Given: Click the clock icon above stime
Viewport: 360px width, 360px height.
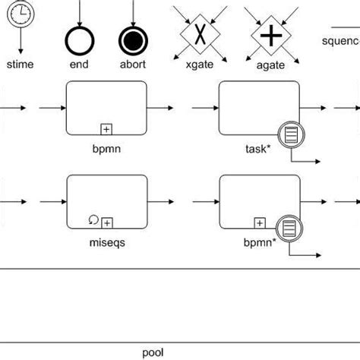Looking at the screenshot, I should click(x=20, y=13).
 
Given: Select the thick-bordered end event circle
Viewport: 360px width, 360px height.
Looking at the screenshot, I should click(x=79, y=38).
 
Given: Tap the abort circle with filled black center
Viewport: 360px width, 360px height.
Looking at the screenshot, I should click(x=133, y=38).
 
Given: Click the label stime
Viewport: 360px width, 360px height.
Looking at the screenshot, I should click(x=20, y=65).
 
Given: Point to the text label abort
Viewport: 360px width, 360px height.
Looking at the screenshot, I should click(x=133, y=65).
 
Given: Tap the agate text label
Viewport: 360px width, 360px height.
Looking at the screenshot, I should click(x=270, y=65).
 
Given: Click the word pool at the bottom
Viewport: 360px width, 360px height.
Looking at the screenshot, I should click(x=153, y=352).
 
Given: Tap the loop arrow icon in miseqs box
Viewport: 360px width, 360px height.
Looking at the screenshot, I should click(x=93, y=220).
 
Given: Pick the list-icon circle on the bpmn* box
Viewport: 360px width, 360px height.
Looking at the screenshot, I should click(x=289, y=226).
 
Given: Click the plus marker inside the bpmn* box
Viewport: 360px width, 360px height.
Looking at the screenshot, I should click(x=259, y=222).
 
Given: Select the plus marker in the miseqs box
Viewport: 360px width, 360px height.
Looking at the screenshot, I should click(x=107, y=222).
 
